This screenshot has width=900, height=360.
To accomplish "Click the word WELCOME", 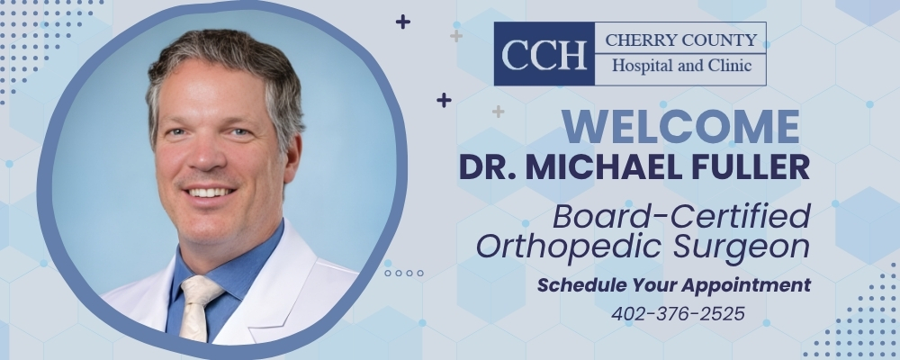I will click(681, 127).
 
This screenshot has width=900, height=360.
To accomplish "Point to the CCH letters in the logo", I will click(544, 54).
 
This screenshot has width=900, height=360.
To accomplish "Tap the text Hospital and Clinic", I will click(680, 67).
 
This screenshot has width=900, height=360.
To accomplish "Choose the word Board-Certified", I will click(681, 217).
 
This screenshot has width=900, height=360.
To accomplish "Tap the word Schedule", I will click(577, 285).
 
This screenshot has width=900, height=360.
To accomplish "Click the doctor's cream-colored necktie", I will click(197, 306).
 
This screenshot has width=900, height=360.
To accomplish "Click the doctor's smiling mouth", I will click(210, 192).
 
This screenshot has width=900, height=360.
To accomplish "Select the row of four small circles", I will click(404, 272).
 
